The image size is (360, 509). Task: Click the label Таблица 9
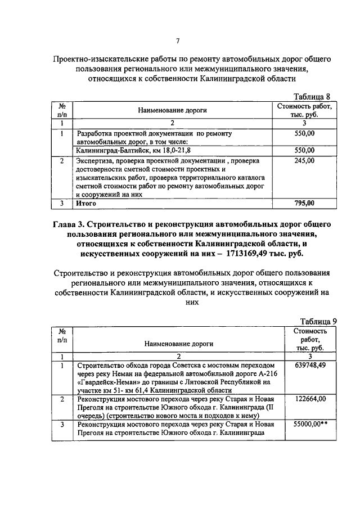[x=318, y=321]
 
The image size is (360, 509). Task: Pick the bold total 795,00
[x=305, y=203]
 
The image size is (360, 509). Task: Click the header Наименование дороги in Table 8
[x=173, y=111]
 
